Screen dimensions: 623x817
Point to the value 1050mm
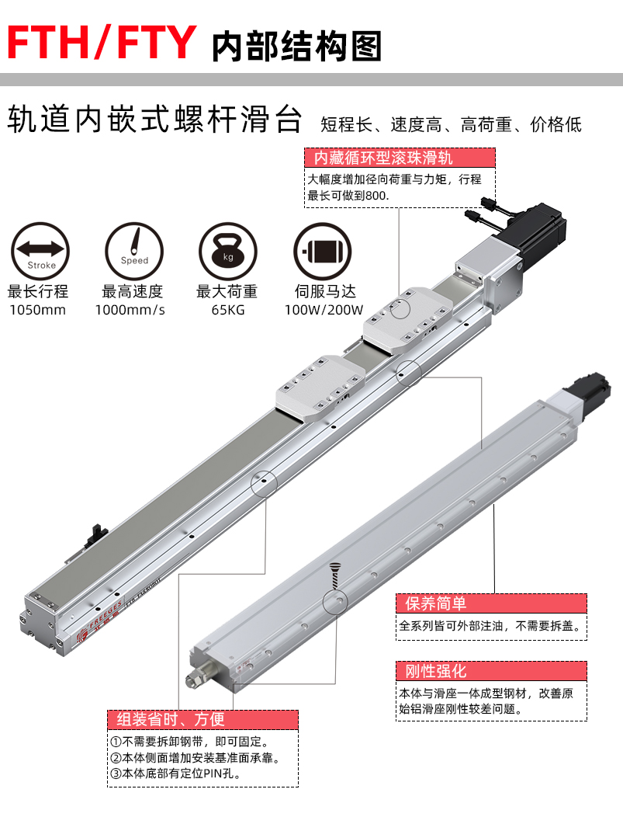37,310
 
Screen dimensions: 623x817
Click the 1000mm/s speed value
130,310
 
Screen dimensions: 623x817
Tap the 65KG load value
228,310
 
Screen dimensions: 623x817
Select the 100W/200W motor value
324,310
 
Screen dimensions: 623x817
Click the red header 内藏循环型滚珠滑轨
383,158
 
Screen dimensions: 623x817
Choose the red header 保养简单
435,603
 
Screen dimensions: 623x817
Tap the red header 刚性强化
435,671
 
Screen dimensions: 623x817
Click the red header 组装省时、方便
171,720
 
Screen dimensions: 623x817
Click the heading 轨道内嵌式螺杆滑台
155,120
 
